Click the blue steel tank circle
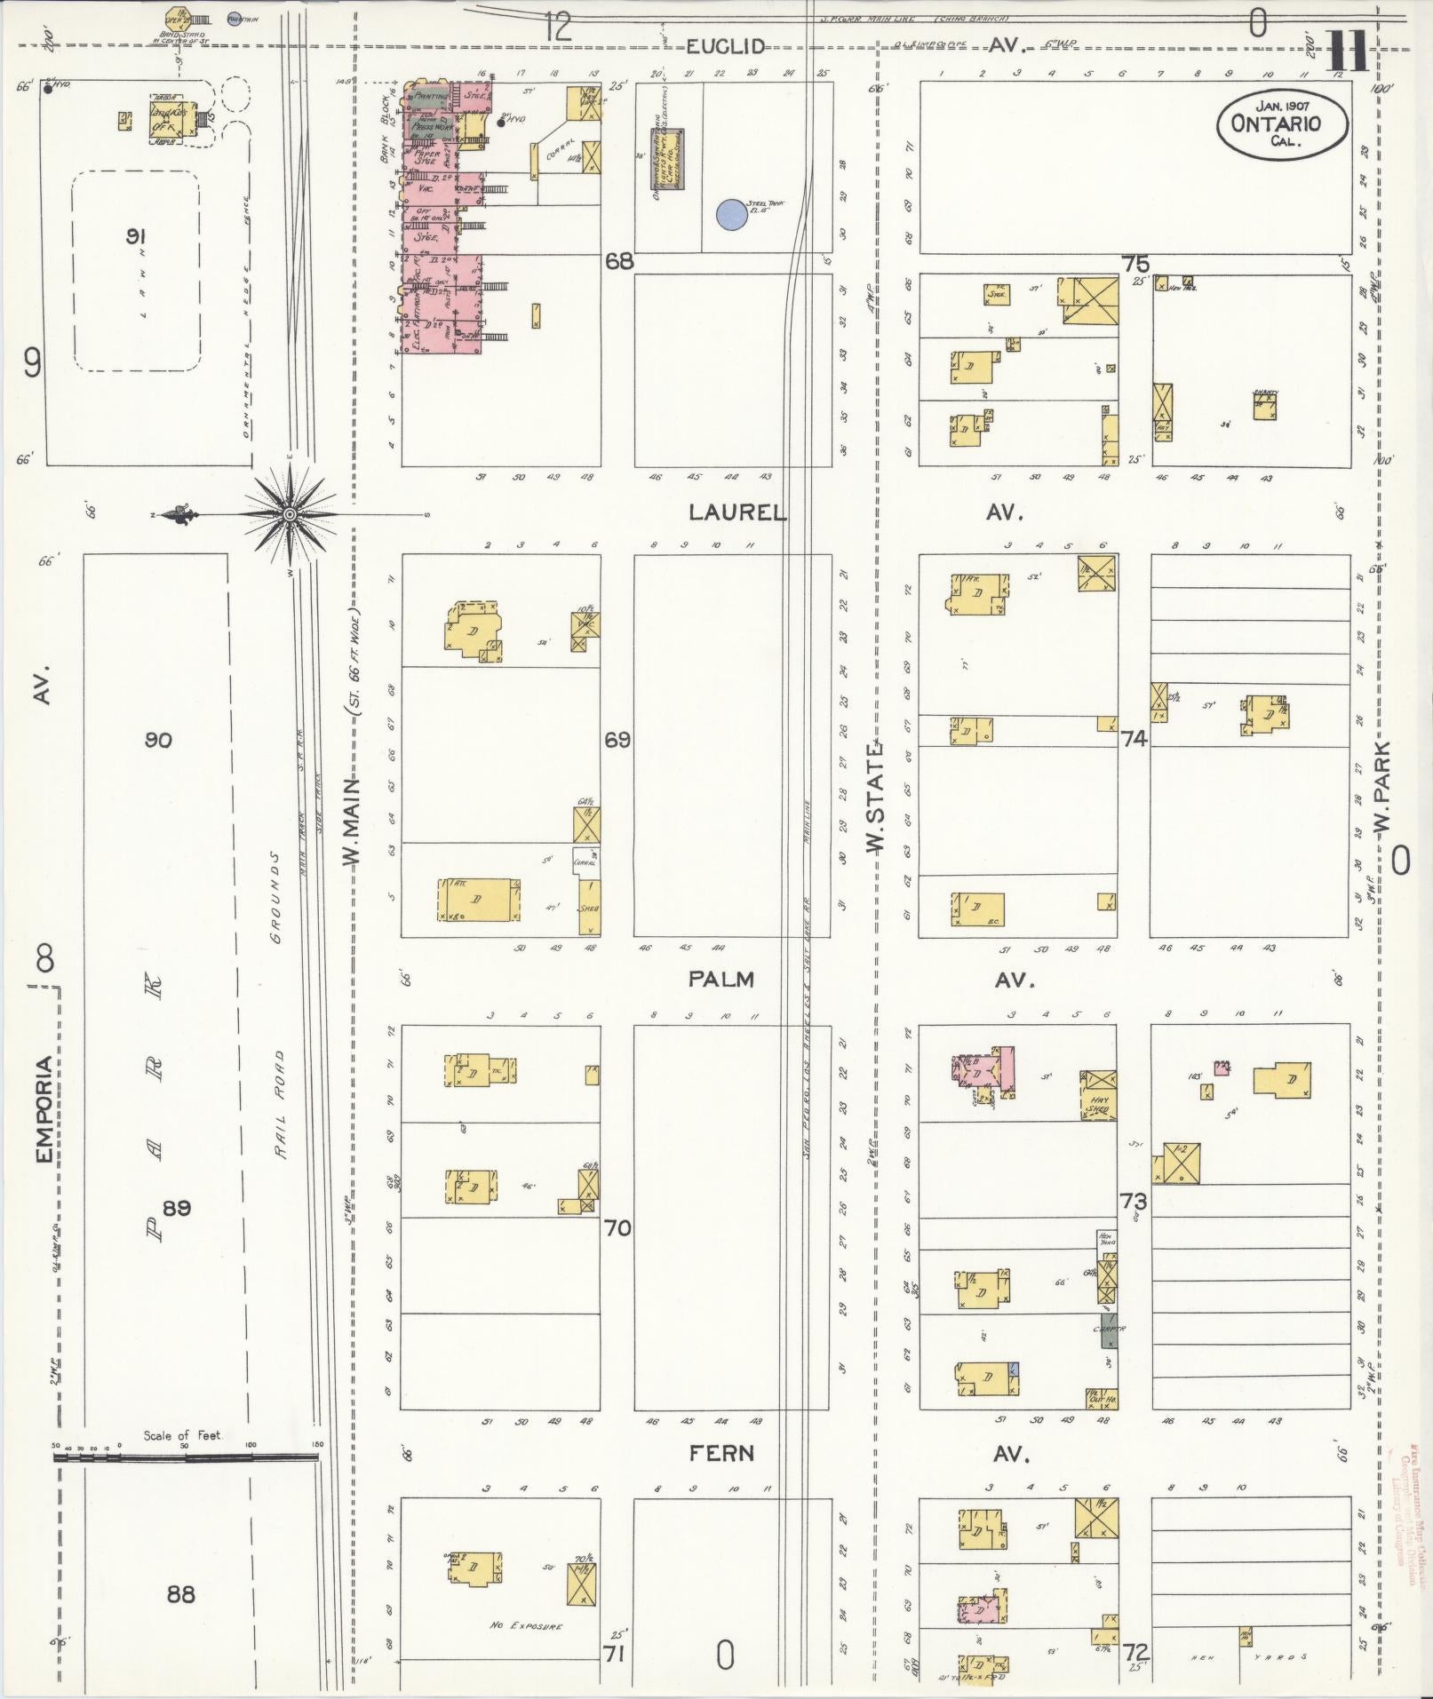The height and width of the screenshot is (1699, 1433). (730, 214)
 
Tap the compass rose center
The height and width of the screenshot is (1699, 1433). (291, 515)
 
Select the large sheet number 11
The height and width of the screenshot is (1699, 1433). (1348, 52)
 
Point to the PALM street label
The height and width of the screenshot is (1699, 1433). (720, 980)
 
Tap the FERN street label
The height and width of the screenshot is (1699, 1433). (721, 1454)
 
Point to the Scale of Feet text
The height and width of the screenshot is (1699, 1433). (182, 1435)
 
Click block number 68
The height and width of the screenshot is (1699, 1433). (618, 261)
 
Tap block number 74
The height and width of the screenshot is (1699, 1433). (1134, 738)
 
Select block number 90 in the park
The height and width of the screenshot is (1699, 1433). (158, 740)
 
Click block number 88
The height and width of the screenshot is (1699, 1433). (180, 1594)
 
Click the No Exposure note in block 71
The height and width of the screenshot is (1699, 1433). (525, 1626)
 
